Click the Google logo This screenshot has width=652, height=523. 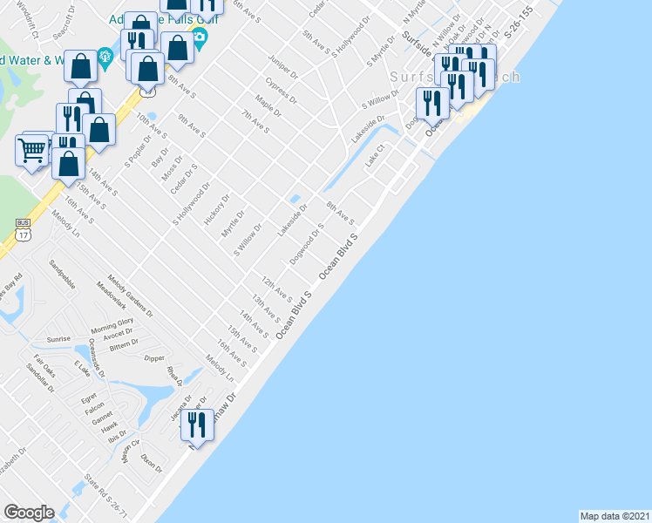click(29, 513)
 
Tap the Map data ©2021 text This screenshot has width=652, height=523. click(615, 516)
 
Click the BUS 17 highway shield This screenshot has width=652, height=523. click(23, 228)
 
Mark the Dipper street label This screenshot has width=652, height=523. click(154, 357)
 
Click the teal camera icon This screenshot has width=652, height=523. click(200, 36)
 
